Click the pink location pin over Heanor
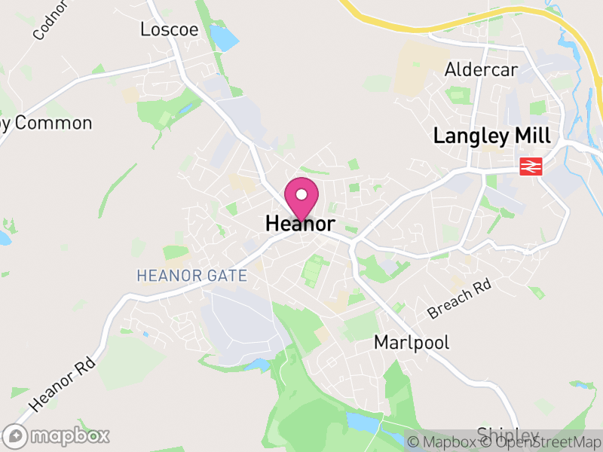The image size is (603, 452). click(x=301, y=197)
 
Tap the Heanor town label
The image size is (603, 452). click(x=300, y=224)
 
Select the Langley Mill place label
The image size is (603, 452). click(x=492, y=136)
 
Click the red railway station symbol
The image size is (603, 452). click(x=531, y=166)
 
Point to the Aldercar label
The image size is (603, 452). click(x=481, y=70)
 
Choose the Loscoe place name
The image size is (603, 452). click(x=170, y=29)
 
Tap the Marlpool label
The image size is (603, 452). click(x=412, y=343)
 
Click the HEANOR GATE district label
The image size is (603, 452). click(x=191, y=276)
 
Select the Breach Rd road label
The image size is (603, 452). click(x=459, y=298)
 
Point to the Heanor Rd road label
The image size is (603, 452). click(x=64, y=384)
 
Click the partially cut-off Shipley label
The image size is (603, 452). click(x=508, y=435)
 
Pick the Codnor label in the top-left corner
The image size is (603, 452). click(x=51, y=20)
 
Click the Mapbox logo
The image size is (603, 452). click(x=57, y=435)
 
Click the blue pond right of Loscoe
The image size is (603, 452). click(x=224, y=37)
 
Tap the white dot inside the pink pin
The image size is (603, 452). click(x=301, y=194)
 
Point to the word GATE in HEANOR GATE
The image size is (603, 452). click(x=224, y=276)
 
